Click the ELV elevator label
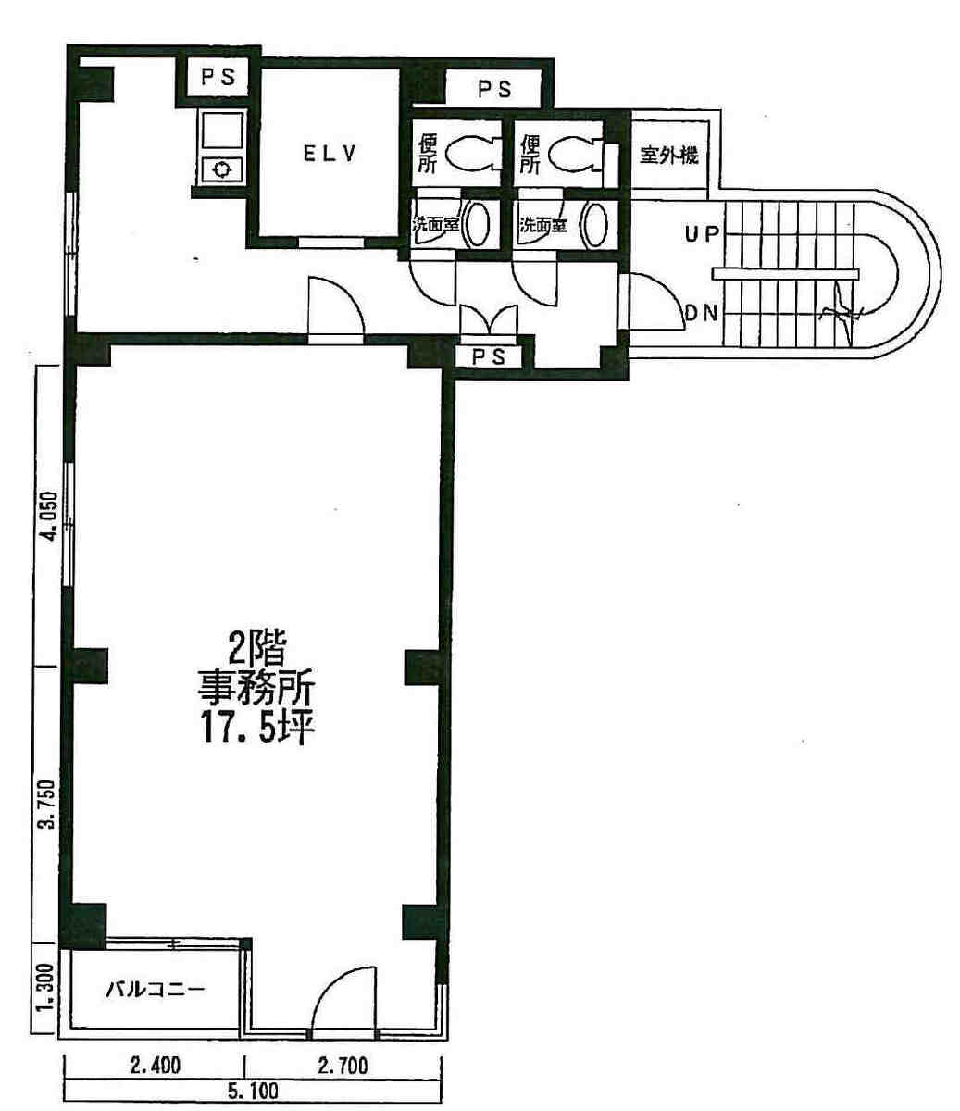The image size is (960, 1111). coord(330,155)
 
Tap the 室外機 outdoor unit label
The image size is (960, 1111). coord(669,156)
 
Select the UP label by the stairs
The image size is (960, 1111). coord(702,234)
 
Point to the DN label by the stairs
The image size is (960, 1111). coord(702,313)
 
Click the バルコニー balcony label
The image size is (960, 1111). coord(156,990)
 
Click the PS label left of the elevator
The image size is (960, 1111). coord(218,78)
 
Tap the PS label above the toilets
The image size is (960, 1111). coord(495,89)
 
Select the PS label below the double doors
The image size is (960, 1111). coord(489,356)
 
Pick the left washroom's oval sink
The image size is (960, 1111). coord(477,224)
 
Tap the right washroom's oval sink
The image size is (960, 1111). coord(596,224)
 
